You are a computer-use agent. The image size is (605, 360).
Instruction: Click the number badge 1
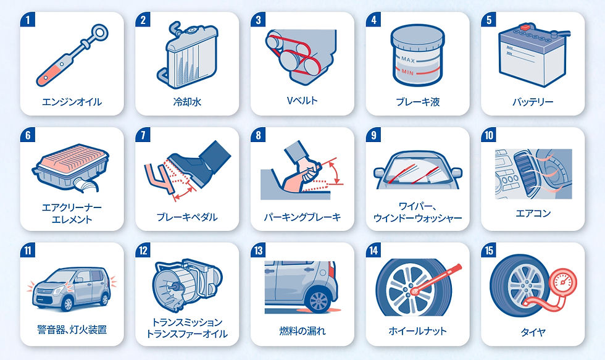pyautogui.click(x=28, y=20)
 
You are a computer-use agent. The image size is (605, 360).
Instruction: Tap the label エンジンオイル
pyautogui.click(x=72, y=102)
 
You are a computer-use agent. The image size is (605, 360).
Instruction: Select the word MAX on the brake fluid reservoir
pyautogui.click(x=408, y=60)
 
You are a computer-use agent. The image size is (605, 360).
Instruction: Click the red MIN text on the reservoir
pyautogui.click(x=407, y=72)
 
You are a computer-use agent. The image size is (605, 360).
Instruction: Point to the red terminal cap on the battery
pyautogui.click(x=524, y=28)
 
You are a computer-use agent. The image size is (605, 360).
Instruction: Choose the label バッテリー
pyautogui.click(x=533, y=102)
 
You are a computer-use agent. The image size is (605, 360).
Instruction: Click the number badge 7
pyautogui.click(x=143, y=135)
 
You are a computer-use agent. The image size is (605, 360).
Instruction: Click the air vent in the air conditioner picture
pyautogui.click(x=525, y=169)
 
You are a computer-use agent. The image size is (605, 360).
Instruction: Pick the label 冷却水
pyautogui.click(x=187, y=102)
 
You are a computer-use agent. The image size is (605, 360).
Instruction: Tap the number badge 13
pyautogui.click(x=258, y=251)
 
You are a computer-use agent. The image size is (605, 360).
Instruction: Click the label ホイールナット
pyautogui.click(x=417, y=331)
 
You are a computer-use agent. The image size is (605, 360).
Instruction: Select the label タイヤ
pyautogui.click(x=533, y=332)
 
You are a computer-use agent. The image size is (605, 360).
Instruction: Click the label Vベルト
pyautogui.click(x=302, y=100)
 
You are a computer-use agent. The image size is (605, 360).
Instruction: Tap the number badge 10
pyautogui.click(x=488, y=135)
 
